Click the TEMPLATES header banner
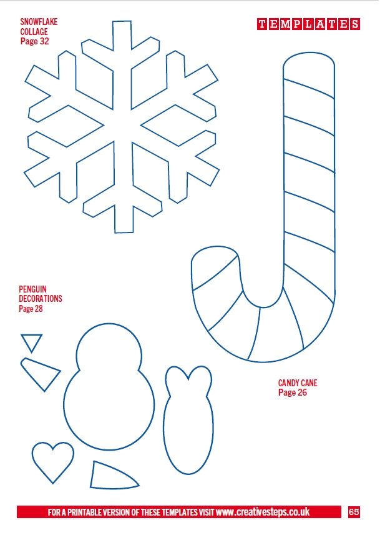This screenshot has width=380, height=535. click(x=309, y=24)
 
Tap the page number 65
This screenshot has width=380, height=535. click(x=354, y=512)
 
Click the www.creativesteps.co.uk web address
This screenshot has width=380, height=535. click(x=263, y=512)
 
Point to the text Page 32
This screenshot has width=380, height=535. click(x=34, y=42)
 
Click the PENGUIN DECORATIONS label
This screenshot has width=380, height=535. click(x=41, y=294)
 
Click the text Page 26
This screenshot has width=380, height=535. click(x=292, y=392)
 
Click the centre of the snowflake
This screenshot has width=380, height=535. click(x=124, y=124)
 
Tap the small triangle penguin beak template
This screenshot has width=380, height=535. click(x=31, y=342)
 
